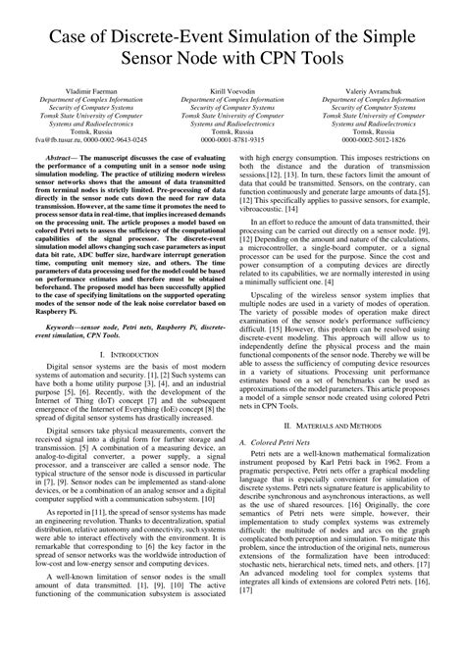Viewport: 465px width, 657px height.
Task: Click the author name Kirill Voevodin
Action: click(232, 89)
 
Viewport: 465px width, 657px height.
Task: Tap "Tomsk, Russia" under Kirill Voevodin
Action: click(232, 131)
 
